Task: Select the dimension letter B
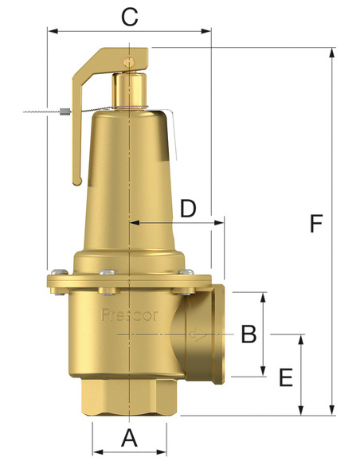[x=248, y=334]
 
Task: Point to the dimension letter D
[x=188, y=209]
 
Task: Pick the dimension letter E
[x=287, y=377]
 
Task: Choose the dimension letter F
[x=316, y=224]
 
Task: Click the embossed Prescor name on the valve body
[x=130, y=315]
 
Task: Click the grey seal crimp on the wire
[x=65, y=111]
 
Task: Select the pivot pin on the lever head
[x=129, y=61]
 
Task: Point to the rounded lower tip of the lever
[x=77, y=181]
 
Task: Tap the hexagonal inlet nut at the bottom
[x=129, y=399]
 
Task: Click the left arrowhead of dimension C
[x=51, y=32]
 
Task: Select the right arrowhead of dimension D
[x=221, y=224]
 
